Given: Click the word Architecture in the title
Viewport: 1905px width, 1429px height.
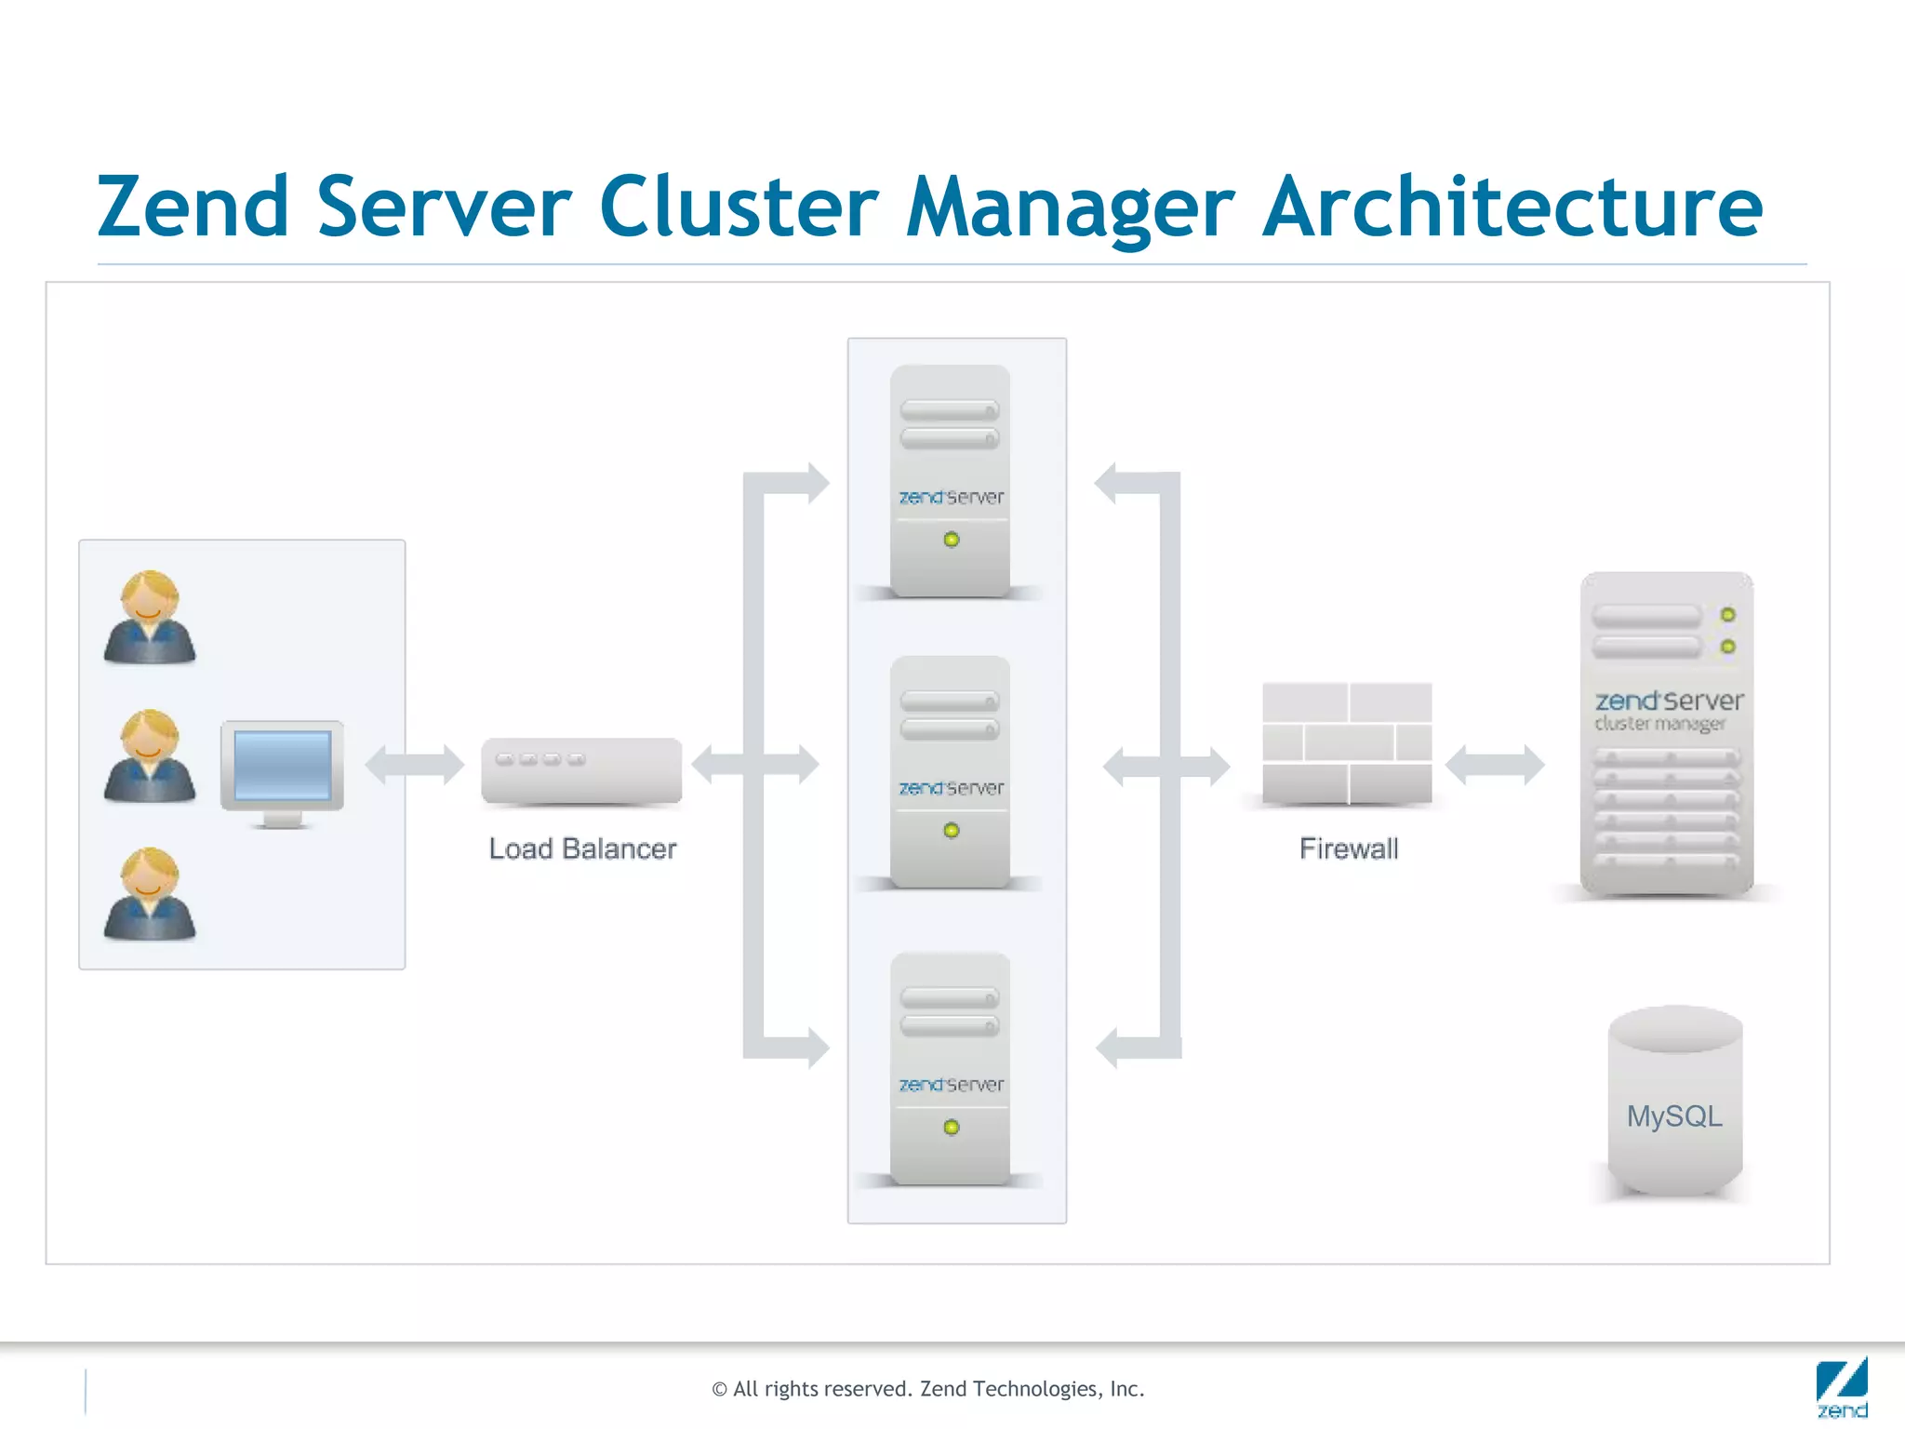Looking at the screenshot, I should [1512, 207].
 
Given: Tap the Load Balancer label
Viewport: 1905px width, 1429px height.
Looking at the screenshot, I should [582, 848].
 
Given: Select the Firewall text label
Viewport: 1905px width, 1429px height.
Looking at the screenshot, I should [1348, 848].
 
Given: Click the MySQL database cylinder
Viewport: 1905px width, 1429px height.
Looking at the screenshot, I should [1674, 1102].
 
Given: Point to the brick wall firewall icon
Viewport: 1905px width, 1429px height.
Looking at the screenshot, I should [1347, 742].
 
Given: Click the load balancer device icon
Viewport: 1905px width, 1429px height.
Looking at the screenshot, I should [581, 770].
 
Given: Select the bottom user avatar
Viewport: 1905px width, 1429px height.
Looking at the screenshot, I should [149, 894].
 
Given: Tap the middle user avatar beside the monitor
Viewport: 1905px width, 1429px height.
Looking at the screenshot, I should [149, 755].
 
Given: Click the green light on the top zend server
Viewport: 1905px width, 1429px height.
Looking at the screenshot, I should [951, 540].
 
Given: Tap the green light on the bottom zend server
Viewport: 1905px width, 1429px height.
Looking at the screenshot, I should [951, 1128].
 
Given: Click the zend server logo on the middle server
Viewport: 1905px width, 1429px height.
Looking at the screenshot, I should [951, 788].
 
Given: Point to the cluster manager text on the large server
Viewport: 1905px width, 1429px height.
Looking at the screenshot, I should [1659, 724].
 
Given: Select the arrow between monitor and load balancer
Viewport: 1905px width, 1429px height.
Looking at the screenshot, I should [415, 765].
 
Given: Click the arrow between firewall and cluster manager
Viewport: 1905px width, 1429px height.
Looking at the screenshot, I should [1495, 765].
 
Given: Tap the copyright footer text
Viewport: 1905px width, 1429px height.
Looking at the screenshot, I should [927, 1389].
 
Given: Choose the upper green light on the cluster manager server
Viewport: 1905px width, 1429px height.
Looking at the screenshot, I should [1727, 615].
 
